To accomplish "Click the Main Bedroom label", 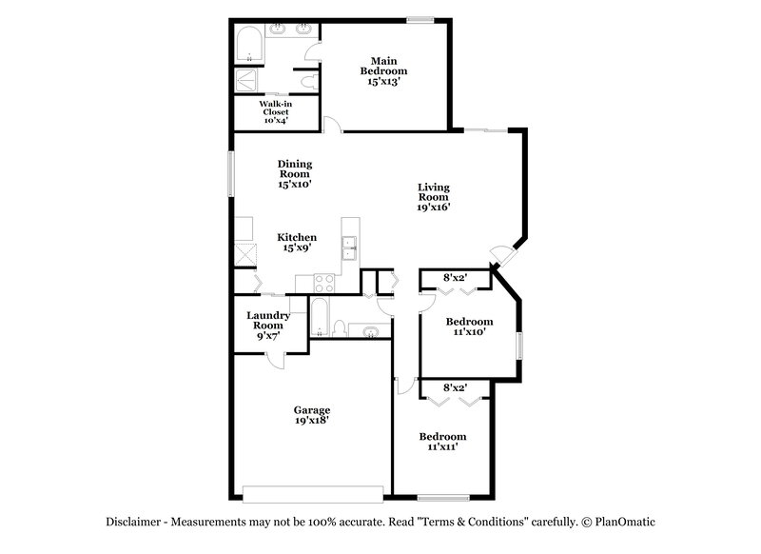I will pyautogui.click(x=383, y=66).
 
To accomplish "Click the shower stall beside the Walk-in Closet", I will pyautogui.click(x=247, y=80).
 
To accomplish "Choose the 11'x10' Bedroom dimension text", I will pyautogui.click(x=470, y=333).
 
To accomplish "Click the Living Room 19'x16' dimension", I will pyautogui.click(x=433, y=206).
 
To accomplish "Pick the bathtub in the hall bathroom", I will pyautogui.click(x=321, y=318).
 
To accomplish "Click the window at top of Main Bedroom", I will pyautogui.click(x=420, y=20).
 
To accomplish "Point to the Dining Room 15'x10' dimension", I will pyautogui.click(x=295, y=185).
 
